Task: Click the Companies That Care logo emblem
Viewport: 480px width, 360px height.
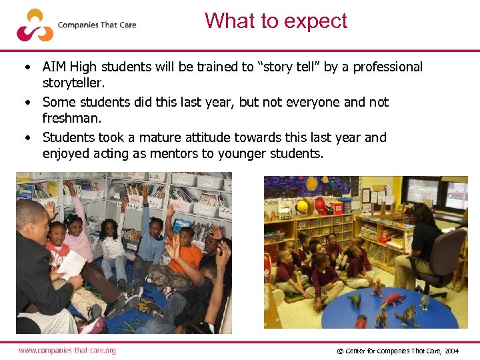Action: (x=35, y=25)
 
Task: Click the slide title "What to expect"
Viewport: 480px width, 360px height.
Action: (x=276, y=21)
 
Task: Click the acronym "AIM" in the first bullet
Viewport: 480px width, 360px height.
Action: (x=54, y=67)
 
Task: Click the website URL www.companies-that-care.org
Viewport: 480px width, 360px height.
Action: (x=67, y=350)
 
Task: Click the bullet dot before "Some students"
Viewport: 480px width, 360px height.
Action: (x=27, y=103)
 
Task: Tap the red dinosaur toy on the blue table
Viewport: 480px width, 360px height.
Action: (x=393, y=298)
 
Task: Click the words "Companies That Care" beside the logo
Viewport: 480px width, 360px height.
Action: (x=97, y=25)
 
